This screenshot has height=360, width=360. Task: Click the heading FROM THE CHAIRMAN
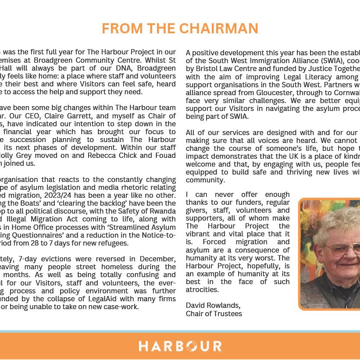[180, 28]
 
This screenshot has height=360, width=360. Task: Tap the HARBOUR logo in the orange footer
[180, 346]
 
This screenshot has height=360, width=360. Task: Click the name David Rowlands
[213, 305]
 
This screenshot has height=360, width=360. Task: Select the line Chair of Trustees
[214, 314]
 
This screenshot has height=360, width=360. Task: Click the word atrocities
[202, 289]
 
